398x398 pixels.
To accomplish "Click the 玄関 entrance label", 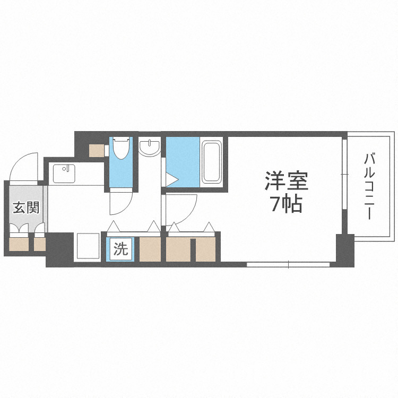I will pyautogui.click(x=25, y=207).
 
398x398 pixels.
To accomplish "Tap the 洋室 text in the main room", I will pyautogui.click(x=287, y=181).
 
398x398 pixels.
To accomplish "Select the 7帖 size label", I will pyautogui.click(x=287, y=204).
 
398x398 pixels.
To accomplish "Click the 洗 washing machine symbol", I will pyautogui.click(x=121, y=249).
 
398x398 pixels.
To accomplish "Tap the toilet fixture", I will pyautogui.click(x=120, y=149).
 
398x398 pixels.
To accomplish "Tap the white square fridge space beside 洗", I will pyautogui.click(x=88, y=246).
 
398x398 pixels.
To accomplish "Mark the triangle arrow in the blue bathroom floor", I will pyautogui.click(x=171, y=180).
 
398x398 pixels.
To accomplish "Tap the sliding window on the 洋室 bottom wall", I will pyautogui.click(x=289, y=264).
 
